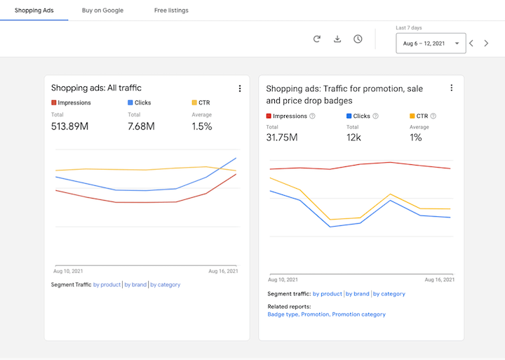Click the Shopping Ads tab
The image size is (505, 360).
point(34,11)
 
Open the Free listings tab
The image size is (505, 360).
point(171,11)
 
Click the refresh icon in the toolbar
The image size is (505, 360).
point(317,39)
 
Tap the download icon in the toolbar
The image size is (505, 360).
point(337,39)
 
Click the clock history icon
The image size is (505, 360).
point(358,39)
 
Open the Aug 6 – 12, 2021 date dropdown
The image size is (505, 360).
point(430,44)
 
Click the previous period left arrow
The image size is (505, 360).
point(471,44)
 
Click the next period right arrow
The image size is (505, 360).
point(486,44)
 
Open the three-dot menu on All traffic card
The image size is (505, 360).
point(240,88)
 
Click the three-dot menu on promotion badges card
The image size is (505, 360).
point(451,88)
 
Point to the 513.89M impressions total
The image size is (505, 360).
point(69,126)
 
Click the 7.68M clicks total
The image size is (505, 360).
point(141,126)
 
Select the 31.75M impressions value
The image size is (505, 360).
point(282,138)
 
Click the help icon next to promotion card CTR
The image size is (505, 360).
point(433,116)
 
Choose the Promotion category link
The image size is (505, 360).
point(358,314)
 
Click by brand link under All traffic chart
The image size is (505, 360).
point(135,285)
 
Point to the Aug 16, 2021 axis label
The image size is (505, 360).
point(223,271)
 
